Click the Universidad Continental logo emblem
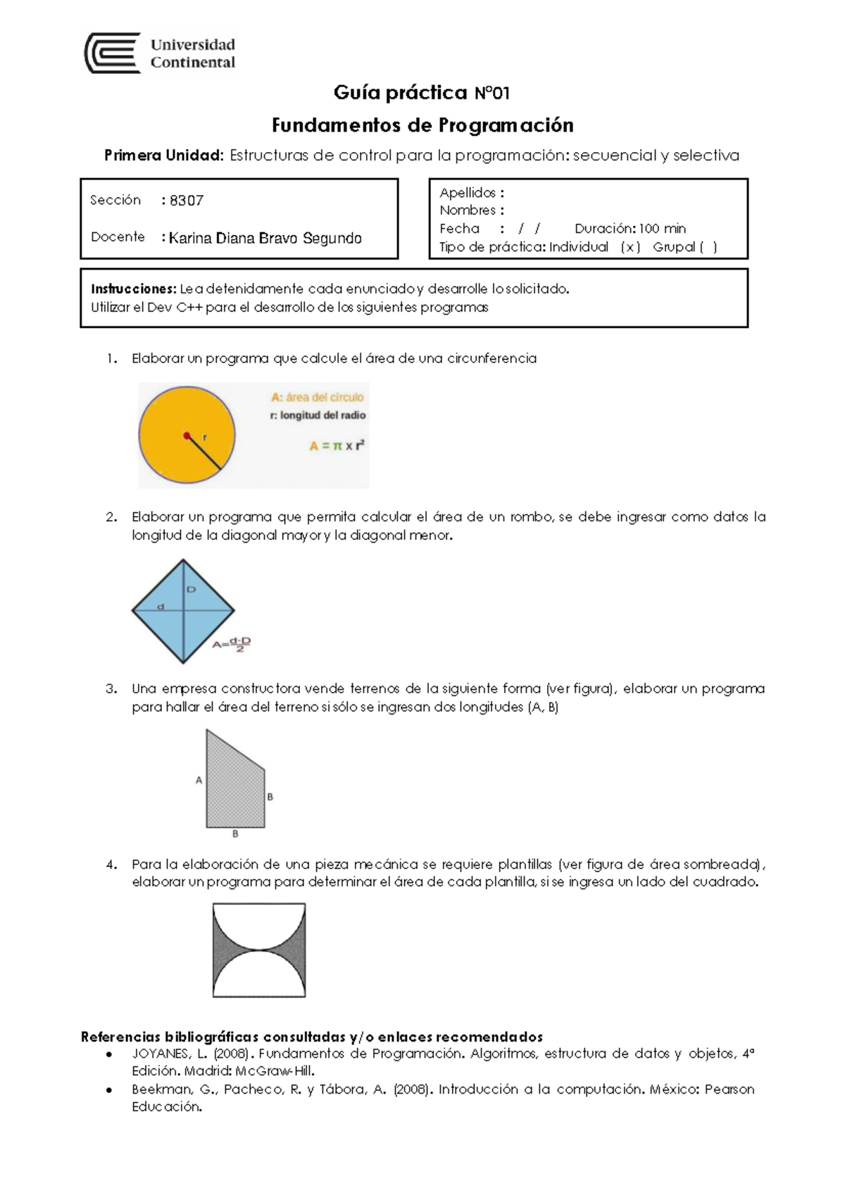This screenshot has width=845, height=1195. pyautogui.click(x=112, y=53)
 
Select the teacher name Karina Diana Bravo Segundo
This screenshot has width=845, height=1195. pyautogui.click(x=265, y=238)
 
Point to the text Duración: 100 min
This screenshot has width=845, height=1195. pyautogui.click(x=630, y=229)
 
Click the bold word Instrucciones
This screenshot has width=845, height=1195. pyautogui.click(x=133, y=289)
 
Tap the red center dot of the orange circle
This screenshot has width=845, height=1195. pyautogui.click(x=187, y=436)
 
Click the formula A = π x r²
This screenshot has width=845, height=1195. pyautogui.click(x=337, y=445)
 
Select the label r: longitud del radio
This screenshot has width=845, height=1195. pyautogui.click(x=318, y=415)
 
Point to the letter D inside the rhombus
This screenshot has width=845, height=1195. pyautogui.click(x=191, y=590)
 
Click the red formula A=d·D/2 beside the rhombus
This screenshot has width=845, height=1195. pyautogui.click(x=232, y=644)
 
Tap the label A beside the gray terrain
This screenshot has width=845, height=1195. pyautogui.click(x=199, y=780)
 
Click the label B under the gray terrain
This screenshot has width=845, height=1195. pyautogui.click(x=235, y=834)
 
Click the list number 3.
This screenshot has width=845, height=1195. pyautogui.click(x=111, y=689)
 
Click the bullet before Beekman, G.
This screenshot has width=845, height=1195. pyautogui.click(x=108, y=1090)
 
